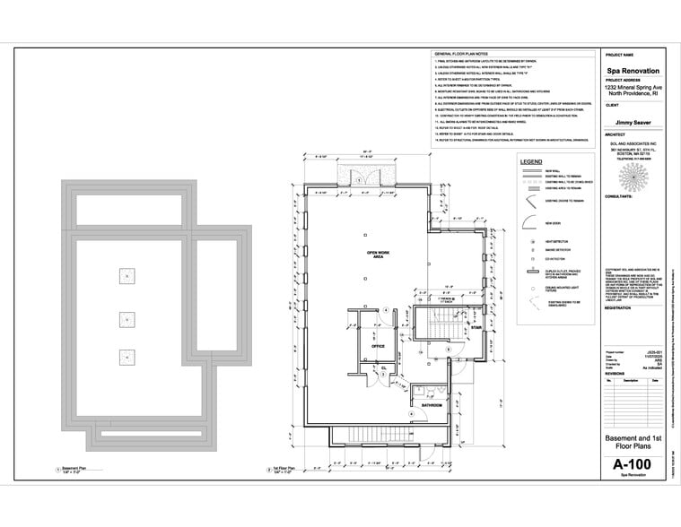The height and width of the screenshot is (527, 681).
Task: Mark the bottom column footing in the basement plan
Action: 126,356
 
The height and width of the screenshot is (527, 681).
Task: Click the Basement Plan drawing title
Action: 71,467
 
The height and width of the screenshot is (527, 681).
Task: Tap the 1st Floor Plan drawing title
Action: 285,467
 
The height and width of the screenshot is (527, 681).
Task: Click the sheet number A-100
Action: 632,464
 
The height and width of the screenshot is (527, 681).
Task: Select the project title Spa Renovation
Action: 633,70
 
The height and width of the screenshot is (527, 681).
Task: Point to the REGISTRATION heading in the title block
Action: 619,307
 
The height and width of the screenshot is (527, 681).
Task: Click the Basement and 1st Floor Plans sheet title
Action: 633,442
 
